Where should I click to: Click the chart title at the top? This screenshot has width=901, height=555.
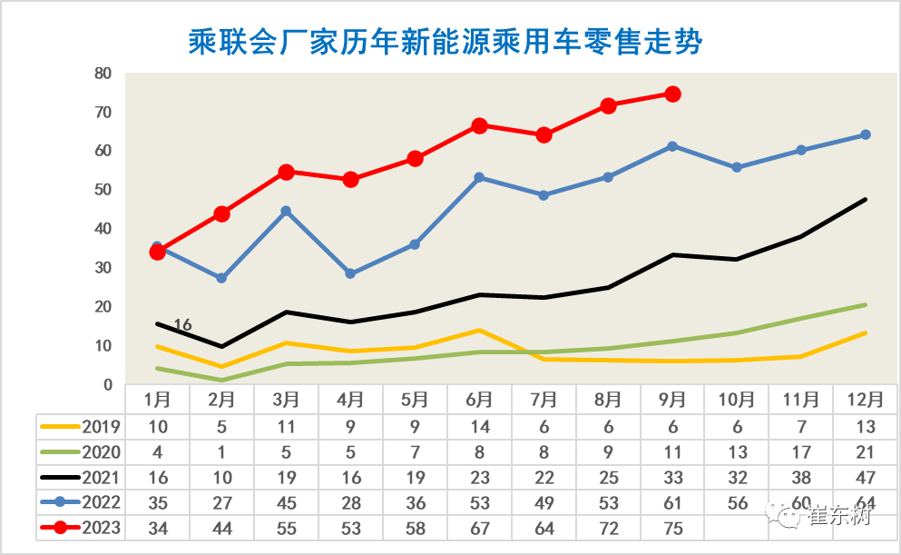445,42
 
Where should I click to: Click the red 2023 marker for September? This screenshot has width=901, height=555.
672,94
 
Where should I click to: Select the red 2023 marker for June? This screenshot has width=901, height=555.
479,125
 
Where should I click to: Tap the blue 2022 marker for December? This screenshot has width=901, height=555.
865,134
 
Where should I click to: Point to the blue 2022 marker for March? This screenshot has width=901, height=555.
286,211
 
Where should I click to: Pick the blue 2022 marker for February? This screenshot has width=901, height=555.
221,278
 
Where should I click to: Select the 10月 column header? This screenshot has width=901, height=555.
737,399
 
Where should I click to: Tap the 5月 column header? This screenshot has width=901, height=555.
415,399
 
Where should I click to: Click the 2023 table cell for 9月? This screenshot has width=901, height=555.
672,528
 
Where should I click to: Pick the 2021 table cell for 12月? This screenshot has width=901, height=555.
865,476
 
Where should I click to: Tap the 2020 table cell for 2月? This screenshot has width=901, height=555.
221,451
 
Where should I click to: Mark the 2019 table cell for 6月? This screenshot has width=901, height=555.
479,425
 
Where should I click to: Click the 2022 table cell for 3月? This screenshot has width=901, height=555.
286,502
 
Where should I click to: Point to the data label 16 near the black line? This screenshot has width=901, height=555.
182,325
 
